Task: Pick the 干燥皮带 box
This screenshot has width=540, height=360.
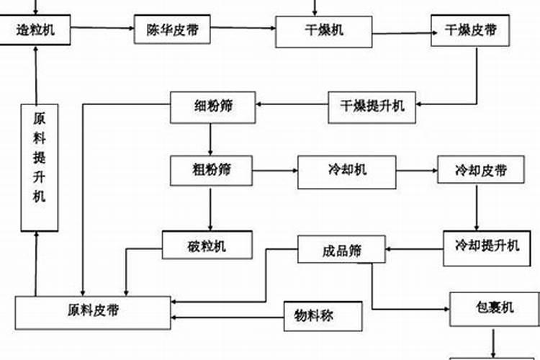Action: tap(471, 30)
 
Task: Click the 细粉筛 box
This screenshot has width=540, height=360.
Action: tap(212, 106)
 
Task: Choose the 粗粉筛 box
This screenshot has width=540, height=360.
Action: tap(211, 170)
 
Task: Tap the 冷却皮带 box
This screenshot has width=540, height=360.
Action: tap(481, 171)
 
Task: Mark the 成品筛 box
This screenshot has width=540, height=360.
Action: tap(341, 251)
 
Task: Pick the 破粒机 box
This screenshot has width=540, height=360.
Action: tap(207, 246)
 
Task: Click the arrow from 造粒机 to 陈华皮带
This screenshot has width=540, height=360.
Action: tap(104, 29)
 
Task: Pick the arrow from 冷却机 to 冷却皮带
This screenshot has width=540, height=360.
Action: tap(417, 171)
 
